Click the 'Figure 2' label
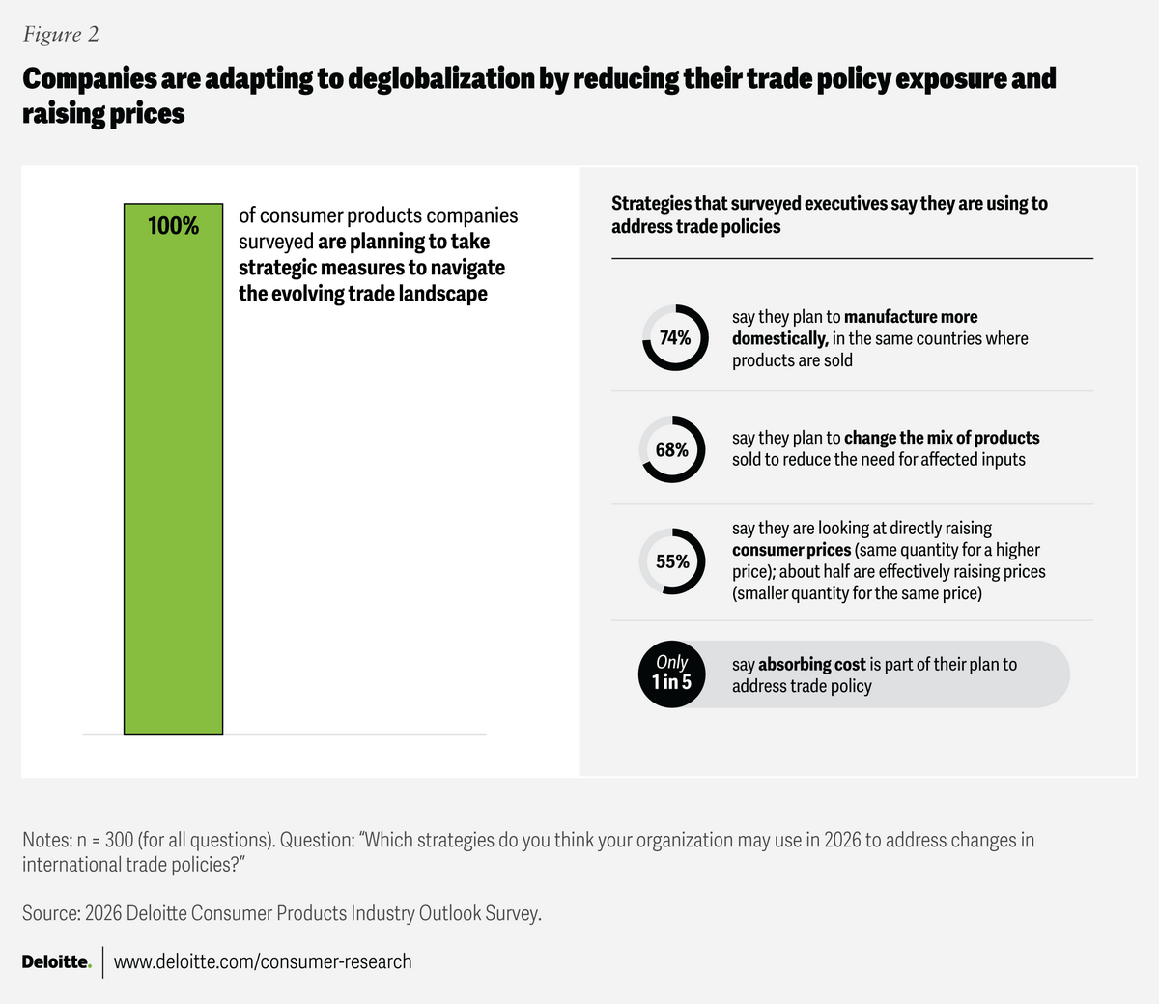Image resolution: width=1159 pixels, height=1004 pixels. [x=61, y=35]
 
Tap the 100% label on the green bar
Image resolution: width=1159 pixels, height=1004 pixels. [x=173, y=226]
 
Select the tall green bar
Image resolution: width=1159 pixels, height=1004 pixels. [x=173, y=483]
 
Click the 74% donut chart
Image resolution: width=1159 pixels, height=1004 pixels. [x=675, y=337]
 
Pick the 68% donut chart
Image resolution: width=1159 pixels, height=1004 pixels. [x=672, y=449]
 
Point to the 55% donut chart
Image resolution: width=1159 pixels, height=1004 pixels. [x=672, y=561]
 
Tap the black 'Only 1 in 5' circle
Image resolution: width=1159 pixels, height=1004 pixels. [x=672, y=674]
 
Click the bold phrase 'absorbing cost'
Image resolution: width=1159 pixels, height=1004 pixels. [x=811, y=665]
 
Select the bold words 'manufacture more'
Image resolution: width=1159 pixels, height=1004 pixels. [x=911, y=317]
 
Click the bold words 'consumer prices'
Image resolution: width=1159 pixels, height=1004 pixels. [x=791, y=550]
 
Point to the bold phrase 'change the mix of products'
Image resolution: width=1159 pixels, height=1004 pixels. [x=942, y=438]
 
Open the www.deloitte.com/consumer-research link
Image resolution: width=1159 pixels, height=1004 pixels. [x=263, y=962]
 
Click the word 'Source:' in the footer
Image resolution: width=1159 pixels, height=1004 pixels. [x=50, y=913]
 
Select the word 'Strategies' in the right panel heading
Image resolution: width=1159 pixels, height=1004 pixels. [x=651, y=204]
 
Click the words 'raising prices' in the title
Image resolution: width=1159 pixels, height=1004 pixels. [x=103, y=114]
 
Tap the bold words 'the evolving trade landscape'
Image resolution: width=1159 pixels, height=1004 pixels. [x=363, y=294]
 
